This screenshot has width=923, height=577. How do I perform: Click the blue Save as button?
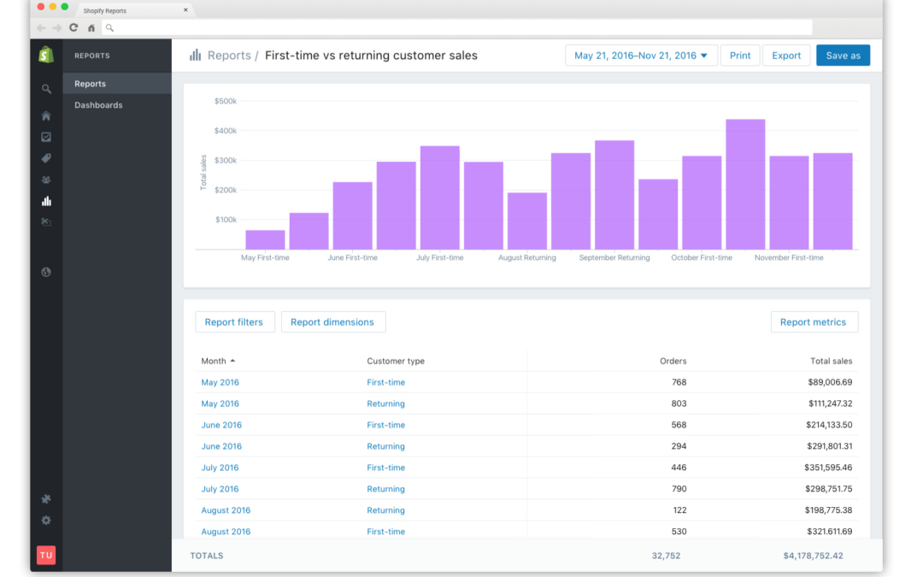[x=843, y=56]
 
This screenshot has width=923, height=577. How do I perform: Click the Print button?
[x=740, y=56]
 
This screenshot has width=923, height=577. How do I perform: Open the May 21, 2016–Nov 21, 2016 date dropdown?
[x=641, y=56]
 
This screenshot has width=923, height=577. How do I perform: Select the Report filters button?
[x=234, y=322]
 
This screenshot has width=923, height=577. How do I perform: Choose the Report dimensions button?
[x=332, y=322]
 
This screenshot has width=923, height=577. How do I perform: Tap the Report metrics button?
[x=814, y=322]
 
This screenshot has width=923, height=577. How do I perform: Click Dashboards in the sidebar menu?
[x=98, y=105]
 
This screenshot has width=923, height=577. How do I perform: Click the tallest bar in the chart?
[x=745, y=185]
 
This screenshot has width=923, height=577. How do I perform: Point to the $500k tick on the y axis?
[x=226, y=101]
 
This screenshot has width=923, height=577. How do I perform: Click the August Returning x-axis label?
[x=526, y=258]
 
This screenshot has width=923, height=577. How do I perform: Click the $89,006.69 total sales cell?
[x=830, y=382]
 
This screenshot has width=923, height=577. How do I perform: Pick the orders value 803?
[x=679, y=403]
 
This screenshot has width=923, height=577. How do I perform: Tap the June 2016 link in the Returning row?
[x=221, y=446]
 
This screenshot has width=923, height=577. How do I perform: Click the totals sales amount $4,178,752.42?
[x=813, y=556]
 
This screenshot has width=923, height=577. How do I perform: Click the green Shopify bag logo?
[x=46, y=55]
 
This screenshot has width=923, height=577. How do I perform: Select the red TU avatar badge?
[x=46, y=556]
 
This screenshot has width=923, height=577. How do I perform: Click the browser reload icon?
[x=73, y=27]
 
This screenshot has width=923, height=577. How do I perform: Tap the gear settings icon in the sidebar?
[x=46, y=521]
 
